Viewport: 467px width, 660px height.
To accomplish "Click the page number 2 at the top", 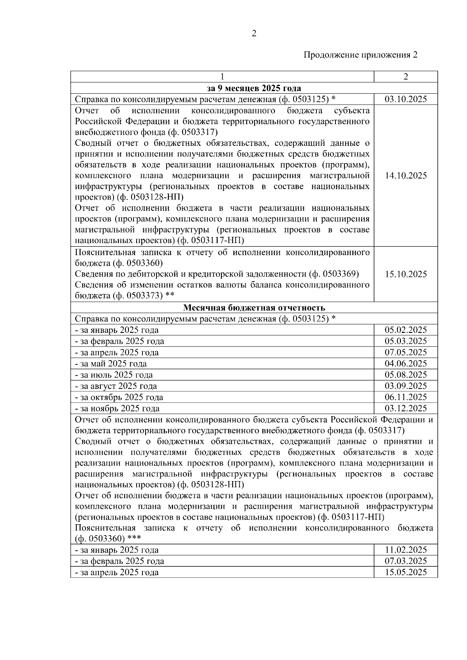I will (254, 34).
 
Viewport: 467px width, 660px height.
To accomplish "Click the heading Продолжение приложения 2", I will (360, 55).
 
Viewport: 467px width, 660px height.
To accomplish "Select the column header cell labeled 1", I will (222, 77).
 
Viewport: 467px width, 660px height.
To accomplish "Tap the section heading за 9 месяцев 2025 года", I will (254, 88).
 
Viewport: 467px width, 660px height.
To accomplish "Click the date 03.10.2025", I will (406, 99).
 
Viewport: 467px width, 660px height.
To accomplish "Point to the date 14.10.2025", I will (406, 175).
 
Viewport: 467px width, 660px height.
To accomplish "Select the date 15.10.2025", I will (406, 274).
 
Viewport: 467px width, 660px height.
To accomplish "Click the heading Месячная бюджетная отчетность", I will (254, 308).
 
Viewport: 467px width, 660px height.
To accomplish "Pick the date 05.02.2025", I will (406, 330).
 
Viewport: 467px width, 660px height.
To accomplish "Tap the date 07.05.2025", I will (406, 353).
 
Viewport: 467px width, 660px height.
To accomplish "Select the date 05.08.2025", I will (406, 375).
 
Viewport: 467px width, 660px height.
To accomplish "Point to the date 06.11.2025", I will (406, 397).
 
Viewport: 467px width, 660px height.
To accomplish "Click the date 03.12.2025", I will (406, 408).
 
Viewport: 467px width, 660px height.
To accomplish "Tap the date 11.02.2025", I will (406, 550).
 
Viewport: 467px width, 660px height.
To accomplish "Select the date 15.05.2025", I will (406, 572).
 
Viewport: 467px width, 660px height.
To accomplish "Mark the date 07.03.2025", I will (406, 561).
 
